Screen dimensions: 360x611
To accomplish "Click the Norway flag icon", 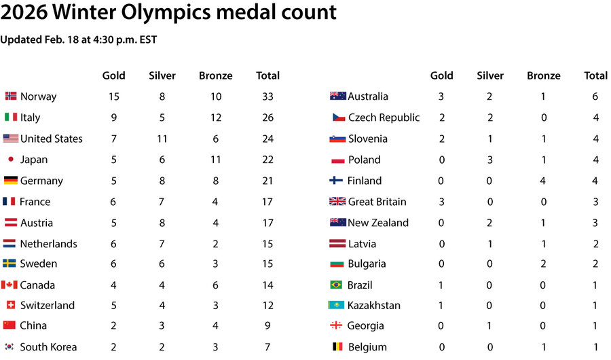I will coord(11,96).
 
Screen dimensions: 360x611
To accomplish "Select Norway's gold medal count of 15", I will coord(113,96).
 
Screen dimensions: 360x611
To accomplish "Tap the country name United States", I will coord(51,139).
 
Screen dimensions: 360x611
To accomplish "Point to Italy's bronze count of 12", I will coord(216,118).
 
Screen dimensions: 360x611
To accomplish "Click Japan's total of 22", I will coord(267,160).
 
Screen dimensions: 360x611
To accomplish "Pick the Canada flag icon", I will coord(10,285).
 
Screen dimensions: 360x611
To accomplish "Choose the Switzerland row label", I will coord(47,305).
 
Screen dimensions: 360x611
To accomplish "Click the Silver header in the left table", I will coord(162,75).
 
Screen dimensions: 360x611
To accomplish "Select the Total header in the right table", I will coord(595,75).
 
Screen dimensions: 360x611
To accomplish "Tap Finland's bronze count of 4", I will coord(544,181).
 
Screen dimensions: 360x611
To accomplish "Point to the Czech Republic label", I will coord(384,118).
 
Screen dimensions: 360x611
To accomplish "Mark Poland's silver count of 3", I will coord(490,160).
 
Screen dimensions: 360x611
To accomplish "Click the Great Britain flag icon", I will coord(337,202).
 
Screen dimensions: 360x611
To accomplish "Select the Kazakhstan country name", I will coord(373,305).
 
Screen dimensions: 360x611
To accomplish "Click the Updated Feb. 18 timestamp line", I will coord(78,39).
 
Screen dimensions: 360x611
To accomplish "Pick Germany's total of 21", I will coord(267,181).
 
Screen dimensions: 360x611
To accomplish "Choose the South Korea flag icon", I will coord(10,347).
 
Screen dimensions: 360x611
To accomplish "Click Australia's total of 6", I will coord(595,96).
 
